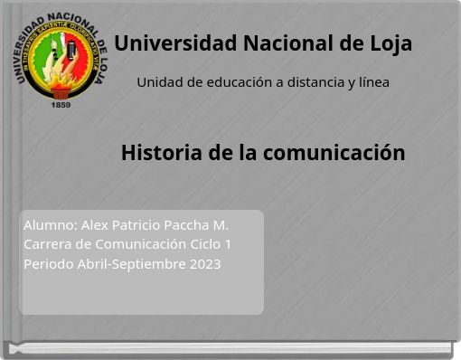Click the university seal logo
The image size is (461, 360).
[61, 56]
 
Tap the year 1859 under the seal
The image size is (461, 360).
[61, 105]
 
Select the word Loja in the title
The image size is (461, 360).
[390, 43]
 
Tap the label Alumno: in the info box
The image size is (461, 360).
[50, 224]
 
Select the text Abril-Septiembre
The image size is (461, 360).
[133, 264]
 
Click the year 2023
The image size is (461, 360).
[204, 264]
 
